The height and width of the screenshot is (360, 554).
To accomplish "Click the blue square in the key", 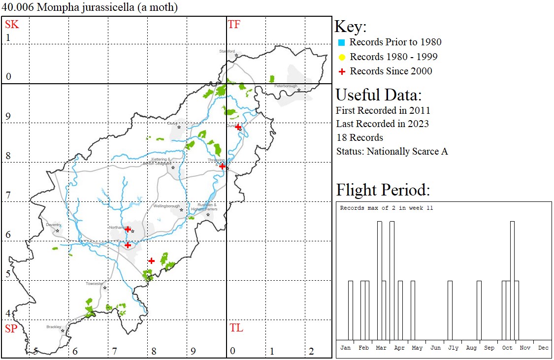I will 341,42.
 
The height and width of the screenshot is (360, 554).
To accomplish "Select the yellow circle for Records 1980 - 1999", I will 341,57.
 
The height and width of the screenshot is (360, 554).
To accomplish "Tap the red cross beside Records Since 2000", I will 341,71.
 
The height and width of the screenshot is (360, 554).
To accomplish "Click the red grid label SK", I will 12,24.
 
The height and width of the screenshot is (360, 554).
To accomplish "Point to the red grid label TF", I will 234,24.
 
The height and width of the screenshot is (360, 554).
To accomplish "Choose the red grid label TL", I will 236,328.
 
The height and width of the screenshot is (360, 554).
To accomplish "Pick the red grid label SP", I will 12,328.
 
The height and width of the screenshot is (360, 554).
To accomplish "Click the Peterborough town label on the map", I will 286,86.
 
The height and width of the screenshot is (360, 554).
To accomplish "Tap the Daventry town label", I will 53,225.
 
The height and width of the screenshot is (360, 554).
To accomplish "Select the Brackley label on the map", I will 54,327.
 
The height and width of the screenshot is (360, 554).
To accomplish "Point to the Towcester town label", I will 95,284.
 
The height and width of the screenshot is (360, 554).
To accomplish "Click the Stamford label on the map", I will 227,51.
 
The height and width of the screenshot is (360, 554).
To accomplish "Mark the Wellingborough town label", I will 166,206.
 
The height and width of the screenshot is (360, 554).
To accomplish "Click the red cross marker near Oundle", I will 238,127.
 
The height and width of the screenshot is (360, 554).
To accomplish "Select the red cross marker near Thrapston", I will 222,166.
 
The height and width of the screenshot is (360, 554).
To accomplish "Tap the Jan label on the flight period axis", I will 346,348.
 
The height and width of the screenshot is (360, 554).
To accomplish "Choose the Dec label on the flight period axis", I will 543,348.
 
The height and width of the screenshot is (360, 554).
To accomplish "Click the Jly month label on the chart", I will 453,348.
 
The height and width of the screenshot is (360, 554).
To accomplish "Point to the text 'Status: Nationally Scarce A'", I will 392,151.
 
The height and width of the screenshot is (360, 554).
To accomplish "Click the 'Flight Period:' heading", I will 383,190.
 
